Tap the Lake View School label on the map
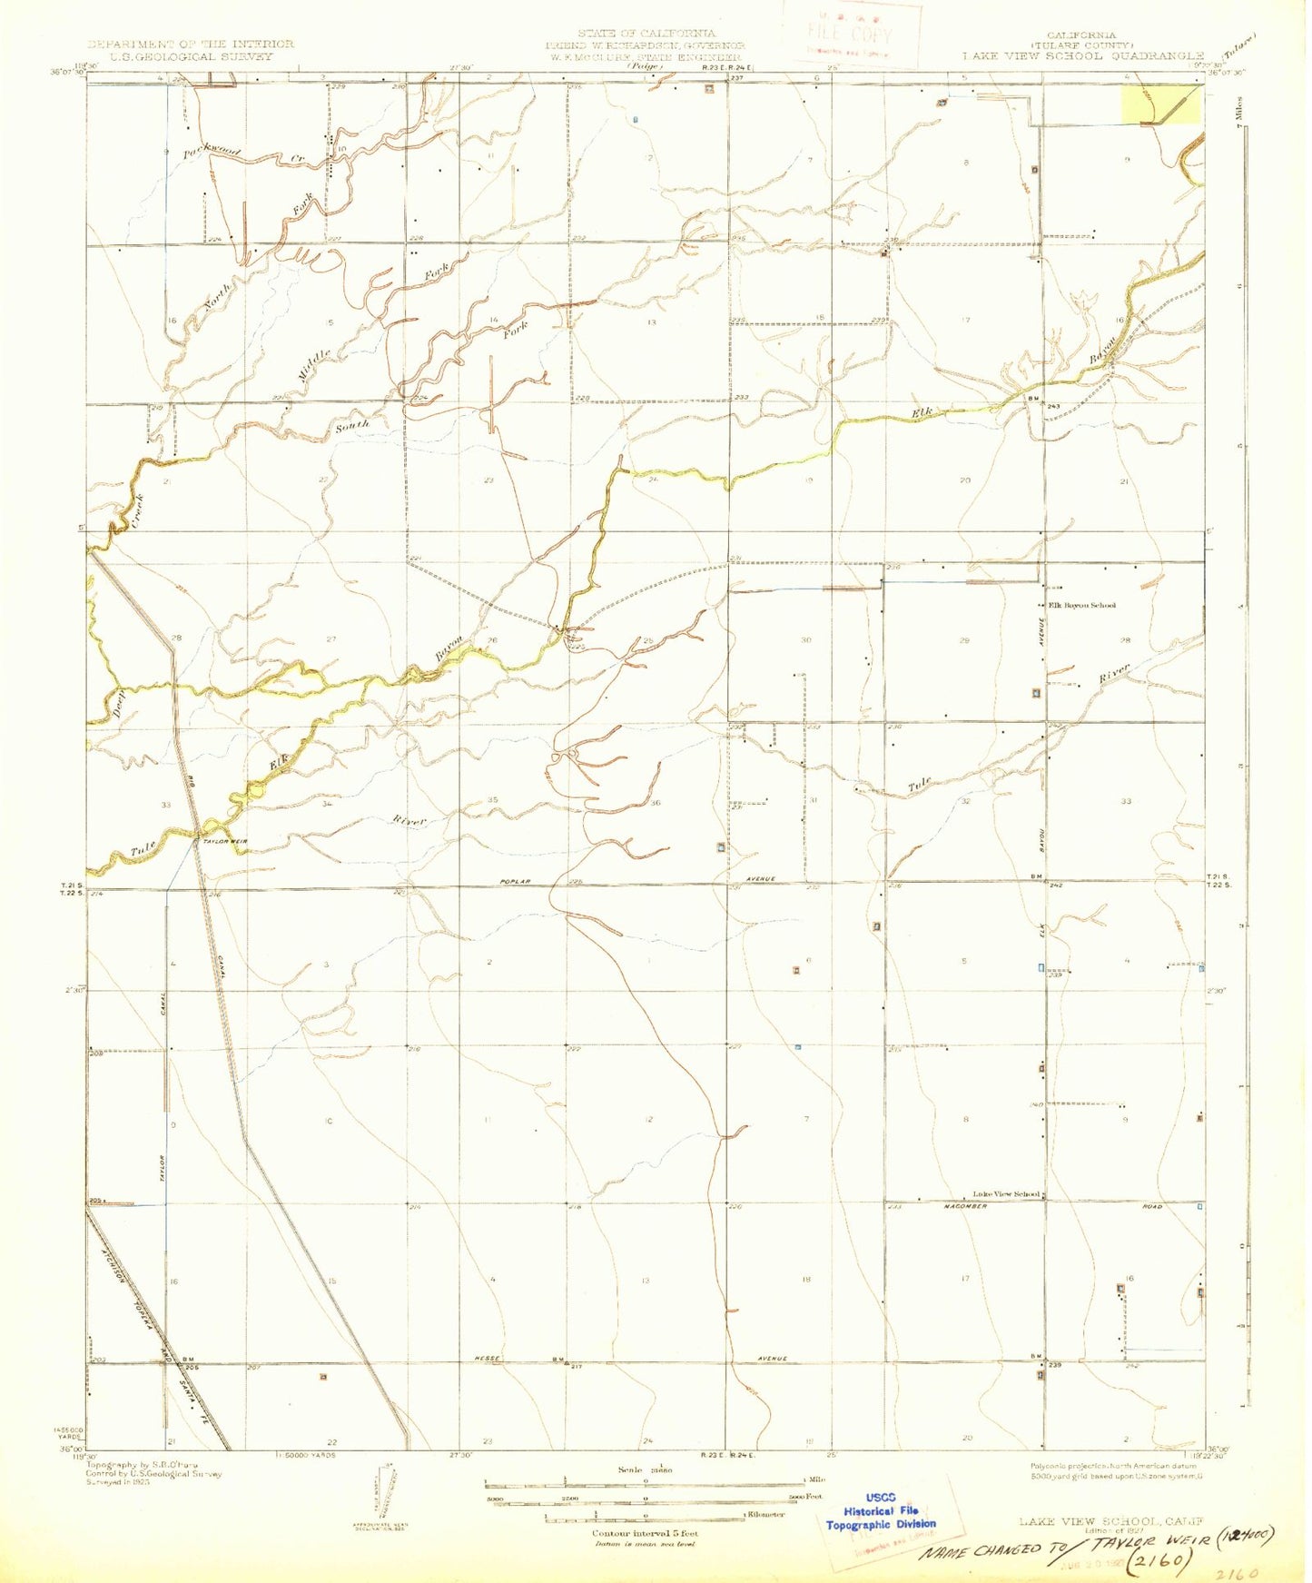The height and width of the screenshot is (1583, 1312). [x=1005, y=1193]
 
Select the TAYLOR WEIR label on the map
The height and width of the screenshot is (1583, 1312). [x=224, y=841]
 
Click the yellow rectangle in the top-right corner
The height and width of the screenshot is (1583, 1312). [x=1159, y=104]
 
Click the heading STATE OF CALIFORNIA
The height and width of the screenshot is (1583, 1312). [x=646, y=34]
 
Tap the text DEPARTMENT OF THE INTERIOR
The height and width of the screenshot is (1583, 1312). [x=191, y=44]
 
